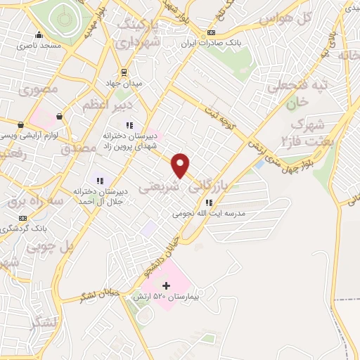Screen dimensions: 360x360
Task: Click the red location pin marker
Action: (x=181, y=165)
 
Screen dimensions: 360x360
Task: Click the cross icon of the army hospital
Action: (x=167, y=285)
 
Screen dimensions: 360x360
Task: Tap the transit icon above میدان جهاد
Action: (x=124, y=72)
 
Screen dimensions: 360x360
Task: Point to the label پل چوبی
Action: (x=51, y=247)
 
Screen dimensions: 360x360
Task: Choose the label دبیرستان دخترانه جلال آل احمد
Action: (x=99, y=196)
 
